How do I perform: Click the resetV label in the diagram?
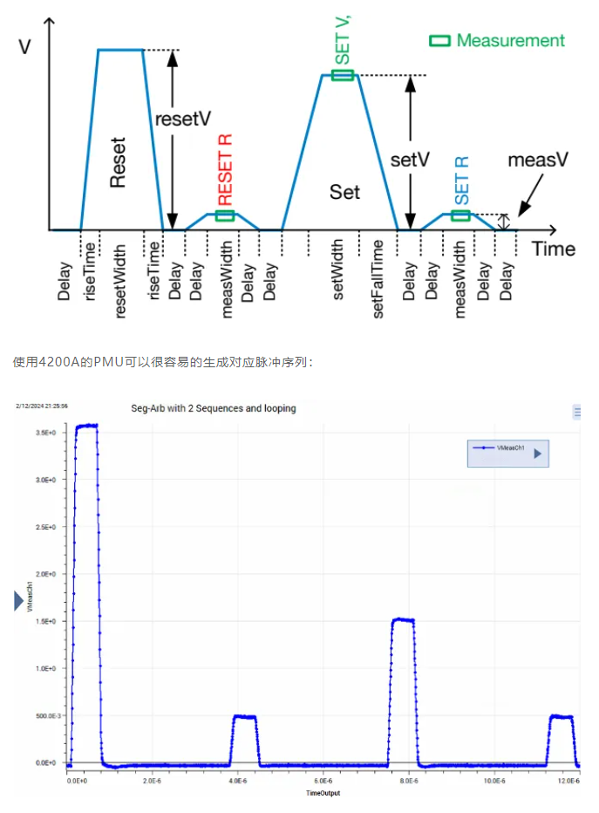coord(182,120)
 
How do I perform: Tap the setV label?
coord(410,160)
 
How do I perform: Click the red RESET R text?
coord(225,168)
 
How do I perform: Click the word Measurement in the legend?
coord(510,40)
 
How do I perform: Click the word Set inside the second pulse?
coord(344,191)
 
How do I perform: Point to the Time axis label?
coord(554,249)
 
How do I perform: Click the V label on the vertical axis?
coord(24,46)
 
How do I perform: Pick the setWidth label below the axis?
coord(339,278)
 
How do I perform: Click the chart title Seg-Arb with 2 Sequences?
coord(214,407)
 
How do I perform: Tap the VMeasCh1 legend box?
coord(507,453)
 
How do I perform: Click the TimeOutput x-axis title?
coord(323,793)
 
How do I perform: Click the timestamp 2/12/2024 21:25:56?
coord(41,406)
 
